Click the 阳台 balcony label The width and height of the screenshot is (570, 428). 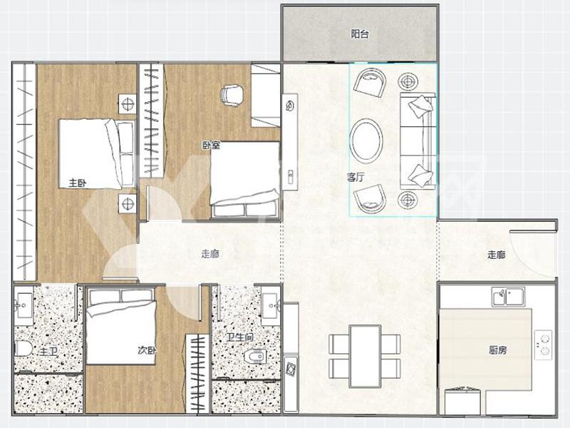360,34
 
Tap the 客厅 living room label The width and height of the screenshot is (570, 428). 356,177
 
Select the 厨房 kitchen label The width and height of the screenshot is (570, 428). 497,350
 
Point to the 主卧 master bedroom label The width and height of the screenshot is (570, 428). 78,183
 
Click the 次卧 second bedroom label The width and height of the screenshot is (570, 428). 147,350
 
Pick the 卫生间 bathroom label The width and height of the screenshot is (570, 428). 240,337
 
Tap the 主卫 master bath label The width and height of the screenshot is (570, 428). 48,352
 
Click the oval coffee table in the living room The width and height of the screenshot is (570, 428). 366,141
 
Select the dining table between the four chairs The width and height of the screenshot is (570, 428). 365,356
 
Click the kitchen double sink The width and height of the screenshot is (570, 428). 508,296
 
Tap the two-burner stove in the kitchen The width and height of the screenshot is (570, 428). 544,345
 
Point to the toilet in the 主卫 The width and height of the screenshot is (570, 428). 24,348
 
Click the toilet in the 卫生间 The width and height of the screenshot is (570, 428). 254,356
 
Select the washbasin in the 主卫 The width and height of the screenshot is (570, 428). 24,306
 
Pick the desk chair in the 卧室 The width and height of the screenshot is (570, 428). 231,96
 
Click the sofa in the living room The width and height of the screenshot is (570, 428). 418,141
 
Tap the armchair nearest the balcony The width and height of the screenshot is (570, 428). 369,83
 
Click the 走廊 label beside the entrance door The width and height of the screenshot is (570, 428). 496,255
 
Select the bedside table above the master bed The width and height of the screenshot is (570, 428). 128,103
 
